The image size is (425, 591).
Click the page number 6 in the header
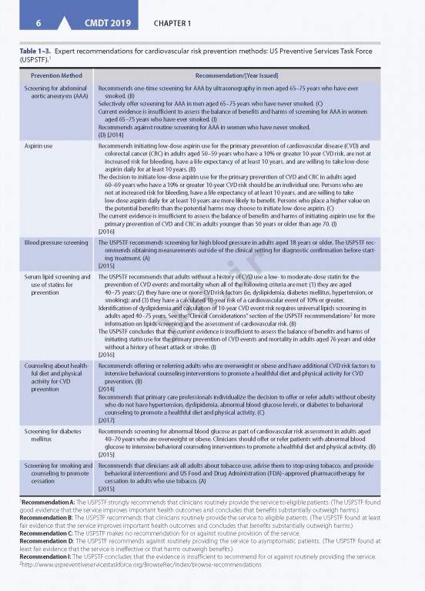click(37, 23)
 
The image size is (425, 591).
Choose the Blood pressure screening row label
click(55, 242)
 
